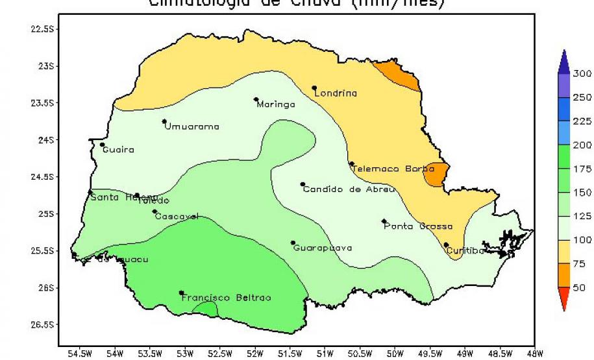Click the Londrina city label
(x=336, y=93)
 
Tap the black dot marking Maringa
(x=256, y=99)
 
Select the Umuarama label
(x=192, y=126)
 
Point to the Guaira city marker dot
(x=102, y=145)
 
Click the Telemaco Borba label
(x=393, y=169)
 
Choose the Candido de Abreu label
(x=349, y=189)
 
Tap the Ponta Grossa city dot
(x=384, y=221)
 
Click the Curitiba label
(x=465, y=250)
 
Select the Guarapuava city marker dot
(x=293, y=243)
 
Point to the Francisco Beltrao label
(x=226, y=298)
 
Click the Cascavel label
(x=177, y=217)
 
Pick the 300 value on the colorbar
(x=582, y=73)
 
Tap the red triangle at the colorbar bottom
(x=563, y=299)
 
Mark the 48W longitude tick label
(x=534, y=354)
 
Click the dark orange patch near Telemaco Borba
(x=436, y=173)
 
